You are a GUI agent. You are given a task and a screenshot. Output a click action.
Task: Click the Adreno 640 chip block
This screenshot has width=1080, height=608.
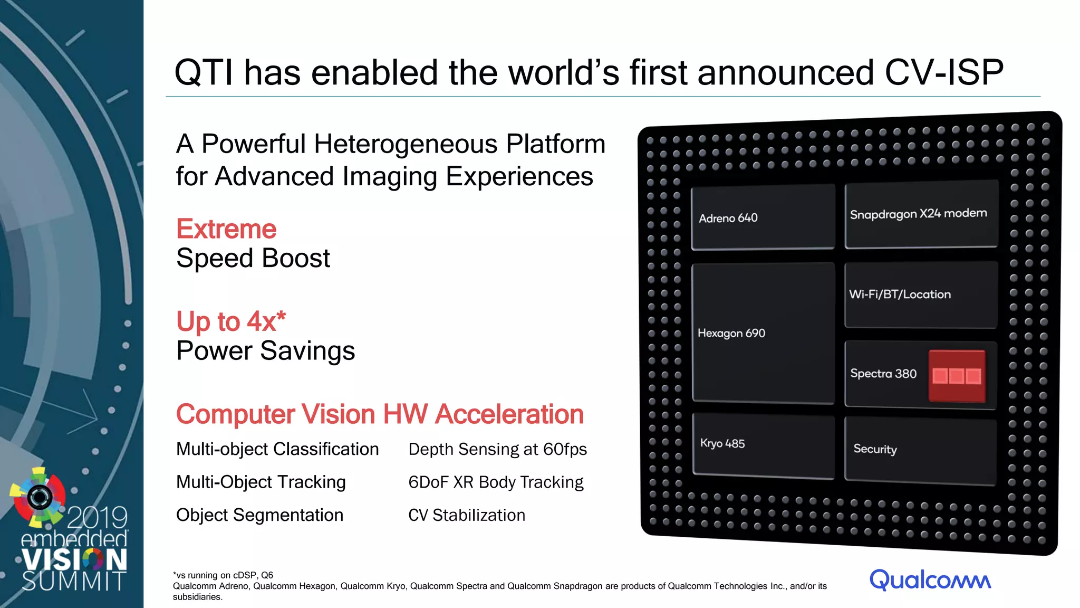point(763,217)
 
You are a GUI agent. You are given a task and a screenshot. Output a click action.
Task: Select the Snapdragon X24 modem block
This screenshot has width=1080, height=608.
point(921,214)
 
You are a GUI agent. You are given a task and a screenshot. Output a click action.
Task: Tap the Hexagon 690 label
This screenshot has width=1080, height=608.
point(731,333)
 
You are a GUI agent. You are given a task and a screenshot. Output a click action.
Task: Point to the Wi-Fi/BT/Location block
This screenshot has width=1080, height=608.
point(921,294)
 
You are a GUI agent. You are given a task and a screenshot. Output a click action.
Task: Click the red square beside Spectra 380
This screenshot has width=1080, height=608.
point(957,376)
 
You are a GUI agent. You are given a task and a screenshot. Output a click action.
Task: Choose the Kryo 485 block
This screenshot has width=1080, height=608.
point(763,445)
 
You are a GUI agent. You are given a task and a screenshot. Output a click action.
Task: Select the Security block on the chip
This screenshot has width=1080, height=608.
point(920,450)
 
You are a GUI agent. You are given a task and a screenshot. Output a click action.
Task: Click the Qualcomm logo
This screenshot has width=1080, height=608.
point(930,579)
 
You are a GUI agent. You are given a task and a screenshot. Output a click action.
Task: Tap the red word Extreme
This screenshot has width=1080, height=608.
point(226,229)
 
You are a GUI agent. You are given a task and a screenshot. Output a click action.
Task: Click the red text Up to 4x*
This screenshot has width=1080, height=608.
point(230,321)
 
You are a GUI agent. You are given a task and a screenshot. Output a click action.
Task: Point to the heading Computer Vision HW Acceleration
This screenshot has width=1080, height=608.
point(380,414)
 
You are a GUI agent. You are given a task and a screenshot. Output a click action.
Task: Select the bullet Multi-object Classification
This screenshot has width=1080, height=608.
point(277,449)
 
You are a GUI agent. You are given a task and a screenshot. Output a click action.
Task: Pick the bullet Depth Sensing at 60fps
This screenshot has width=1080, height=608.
point(497,449)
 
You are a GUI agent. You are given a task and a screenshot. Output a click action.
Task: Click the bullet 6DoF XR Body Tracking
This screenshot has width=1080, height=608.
point(496,482)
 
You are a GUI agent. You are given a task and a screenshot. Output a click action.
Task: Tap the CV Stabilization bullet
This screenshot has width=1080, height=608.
point(467,515)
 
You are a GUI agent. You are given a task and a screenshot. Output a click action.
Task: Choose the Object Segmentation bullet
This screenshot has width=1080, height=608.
point(259,515)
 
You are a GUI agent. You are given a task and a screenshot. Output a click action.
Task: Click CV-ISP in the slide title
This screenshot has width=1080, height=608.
point(943,72)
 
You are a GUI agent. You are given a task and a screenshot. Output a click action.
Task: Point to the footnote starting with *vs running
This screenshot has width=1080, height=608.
point(223,575)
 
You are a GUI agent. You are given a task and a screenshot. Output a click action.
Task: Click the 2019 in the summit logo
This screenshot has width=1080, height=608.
point(98,517)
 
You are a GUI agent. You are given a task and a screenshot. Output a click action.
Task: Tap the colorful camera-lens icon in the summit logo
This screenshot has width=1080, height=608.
point(39,496)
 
